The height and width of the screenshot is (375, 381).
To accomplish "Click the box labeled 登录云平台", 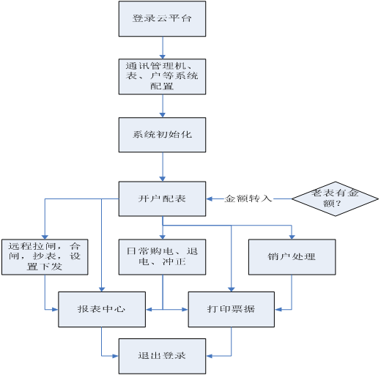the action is pyautogui.click(x=162, y=19).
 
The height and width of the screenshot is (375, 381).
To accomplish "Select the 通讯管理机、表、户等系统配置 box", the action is pyautogui.click(x=162, y=76).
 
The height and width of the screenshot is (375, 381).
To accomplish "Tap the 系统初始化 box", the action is pyautogui.click(x=162, y=135).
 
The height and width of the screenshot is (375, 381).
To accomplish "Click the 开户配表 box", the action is pyautogui.click(x=162, y=198).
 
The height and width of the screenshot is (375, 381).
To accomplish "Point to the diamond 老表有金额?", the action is pyautogui.click(x=335, y=198).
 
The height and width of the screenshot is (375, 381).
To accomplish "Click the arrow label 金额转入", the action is pyautogui.click(x=248, y=198).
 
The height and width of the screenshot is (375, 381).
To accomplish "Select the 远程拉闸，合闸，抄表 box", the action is pyautogui.click(x=45, y=257).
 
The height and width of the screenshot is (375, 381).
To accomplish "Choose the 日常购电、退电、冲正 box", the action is pyautogui.click(x=162, y=257).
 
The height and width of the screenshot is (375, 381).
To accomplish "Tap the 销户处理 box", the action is pyautogui.click(x=292, y=257).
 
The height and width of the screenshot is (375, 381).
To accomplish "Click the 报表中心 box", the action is pyautogui.click(x=102, y=309).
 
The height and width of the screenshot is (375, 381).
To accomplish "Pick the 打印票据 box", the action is pyautogui.click(x=232, y=309).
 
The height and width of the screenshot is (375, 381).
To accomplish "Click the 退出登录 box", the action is pyautogui.click(x=162, y=356).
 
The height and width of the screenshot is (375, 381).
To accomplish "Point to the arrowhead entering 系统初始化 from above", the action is pyautogui.click(x=163, y=115).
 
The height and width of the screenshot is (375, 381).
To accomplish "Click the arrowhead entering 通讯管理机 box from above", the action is pyautogui.click(x=163, y=56).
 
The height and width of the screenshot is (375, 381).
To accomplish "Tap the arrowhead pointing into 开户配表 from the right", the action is pyautogui.click(x=209, y=199).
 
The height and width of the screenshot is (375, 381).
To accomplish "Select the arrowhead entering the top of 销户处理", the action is pyautogui.click(x=292, y=237).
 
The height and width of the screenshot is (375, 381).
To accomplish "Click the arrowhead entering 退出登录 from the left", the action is pyautogui.click(x=116, y=356).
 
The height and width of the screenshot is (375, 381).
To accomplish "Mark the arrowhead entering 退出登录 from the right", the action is pyautogui.click(x=209, y=356).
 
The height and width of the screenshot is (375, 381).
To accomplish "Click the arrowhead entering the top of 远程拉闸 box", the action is pyautogui.click(x=45, y=237).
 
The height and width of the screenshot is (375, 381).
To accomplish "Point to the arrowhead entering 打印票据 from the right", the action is pyautogui.click(x=278, y=310).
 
